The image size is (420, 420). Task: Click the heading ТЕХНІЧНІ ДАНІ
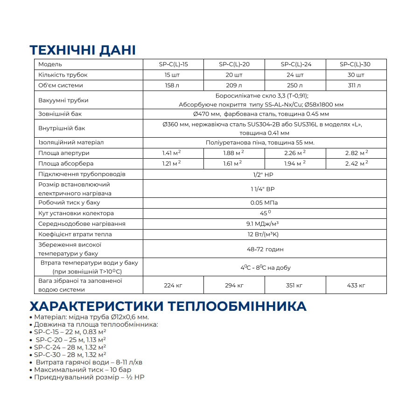click(x=83, y=50)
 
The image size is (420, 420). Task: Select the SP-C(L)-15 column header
click(x=173, y=64)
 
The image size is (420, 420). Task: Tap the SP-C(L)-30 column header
click(x=356, y=64)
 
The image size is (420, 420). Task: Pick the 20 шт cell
click(x=234, y=75)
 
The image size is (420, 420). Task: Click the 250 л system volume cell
click(x=295, y=85)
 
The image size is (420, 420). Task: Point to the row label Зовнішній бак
click(x=58, y=114)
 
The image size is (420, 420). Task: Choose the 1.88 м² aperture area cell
click(x=234, y=153)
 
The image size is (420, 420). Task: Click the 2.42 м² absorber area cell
click(x=356, y=163)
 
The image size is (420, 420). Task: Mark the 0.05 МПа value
click(x=264, y=203)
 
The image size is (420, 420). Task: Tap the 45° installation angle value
click(x=264, y=213)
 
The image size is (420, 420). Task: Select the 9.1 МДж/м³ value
click(x=264, y=224)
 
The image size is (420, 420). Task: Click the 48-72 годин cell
click(x=264, y=249)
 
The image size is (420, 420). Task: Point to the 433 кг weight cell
click(x=356, y=285)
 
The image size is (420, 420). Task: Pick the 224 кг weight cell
click(x=173, y=285)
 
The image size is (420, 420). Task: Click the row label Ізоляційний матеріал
click(x=71, y=142)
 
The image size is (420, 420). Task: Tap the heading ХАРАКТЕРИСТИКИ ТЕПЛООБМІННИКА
click(x=168, y=307)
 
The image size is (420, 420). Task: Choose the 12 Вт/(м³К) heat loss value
click(x=264, y=234)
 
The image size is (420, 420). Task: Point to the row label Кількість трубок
click(x=63, y=75)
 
